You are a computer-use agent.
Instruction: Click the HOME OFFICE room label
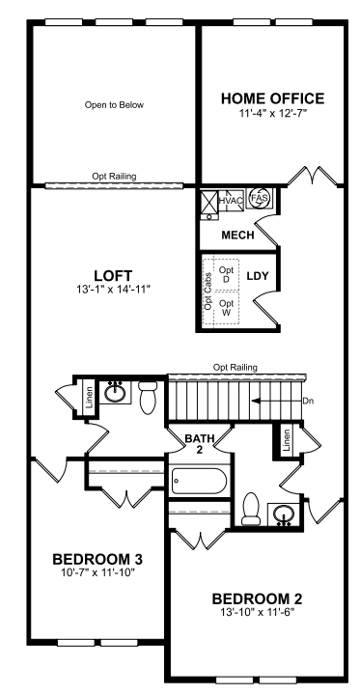click(x=273, y=97)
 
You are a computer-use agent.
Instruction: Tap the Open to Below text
click(x=115, y=105)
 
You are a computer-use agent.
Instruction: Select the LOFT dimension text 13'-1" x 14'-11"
click(x=113, y=290)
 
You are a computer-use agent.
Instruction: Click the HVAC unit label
click(x=231, y=201)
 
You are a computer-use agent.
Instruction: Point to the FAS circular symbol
click(x=260, y=198)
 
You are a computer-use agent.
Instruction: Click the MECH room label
click(x=238, y=235)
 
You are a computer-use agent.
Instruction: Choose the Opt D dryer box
click(x=226, y=274)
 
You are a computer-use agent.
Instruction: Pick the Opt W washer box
click(x=226, y=308)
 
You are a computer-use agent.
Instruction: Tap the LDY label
click(x=258, y=276)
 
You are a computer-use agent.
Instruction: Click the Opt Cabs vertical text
click(x=208, y=291)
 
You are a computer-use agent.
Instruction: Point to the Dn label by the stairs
click(x=308, y=402)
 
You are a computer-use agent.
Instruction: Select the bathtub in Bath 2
click(x=199, y=481)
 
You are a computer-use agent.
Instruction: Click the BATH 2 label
click(x=200, y=443)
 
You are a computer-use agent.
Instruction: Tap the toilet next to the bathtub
click(x=251, y=509)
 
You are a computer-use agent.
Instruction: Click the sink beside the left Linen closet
click(x=115, y=391)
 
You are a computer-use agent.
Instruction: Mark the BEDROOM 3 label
click(x=97, y=559)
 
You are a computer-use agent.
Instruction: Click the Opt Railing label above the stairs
click(x=235, y=367)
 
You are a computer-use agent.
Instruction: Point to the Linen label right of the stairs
click(x=286, y=439)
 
